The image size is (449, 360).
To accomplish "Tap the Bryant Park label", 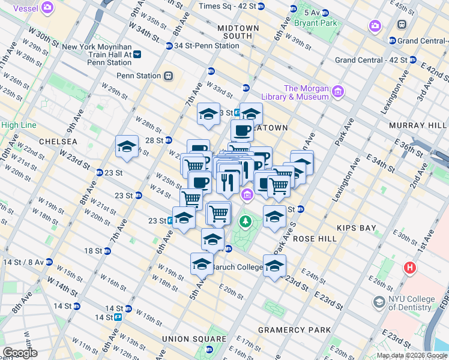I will pyautogui.click(x=315, y=23).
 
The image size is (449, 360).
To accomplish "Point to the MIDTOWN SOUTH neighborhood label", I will pyautogui.click(x=238, y=32).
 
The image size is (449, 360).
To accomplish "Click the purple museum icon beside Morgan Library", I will pyautogui.click(x=338, y=92).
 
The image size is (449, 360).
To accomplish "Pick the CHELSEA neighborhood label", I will pyautogui.click(x=58, y=141).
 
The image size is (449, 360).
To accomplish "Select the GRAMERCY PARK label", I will pyautogui.click(x=294, y=330).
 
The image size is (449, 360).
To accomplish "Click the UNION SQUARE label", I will pyautogui.click(x=192, y=339).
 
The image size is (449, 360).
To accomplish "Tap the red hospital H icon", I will pyautogui.click(x=410, y=268).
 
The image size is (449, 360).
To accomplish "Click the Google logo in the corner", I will pyautogui.click(x=20, y=353).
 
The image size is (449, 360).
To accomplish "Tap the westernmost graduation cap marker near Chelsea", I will pyautogui.click(x=127, y=147).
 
